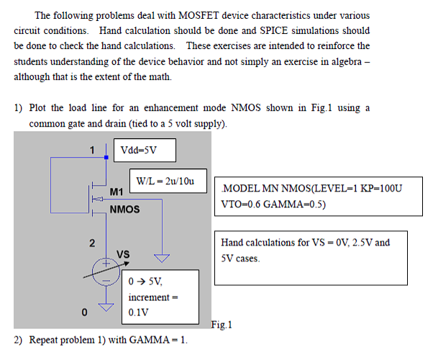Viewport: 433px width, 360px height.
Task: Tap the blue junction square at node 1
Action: click(106, 156)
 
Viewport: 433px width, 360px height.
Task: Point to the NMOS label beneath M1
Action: click(124, 210)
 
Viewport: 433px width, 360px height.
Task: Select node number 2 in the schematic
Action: click(92, 243)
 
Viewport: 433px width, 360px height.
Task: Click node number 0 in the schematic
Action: click(84, 312)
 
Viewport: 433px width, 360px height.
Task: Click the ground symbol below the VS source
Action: click(106, 308)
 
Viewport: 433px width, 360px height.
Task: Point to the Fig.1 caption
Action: click(222, 325)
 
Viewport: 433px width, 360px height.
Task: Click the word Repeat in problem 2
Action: click(44, 340)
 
